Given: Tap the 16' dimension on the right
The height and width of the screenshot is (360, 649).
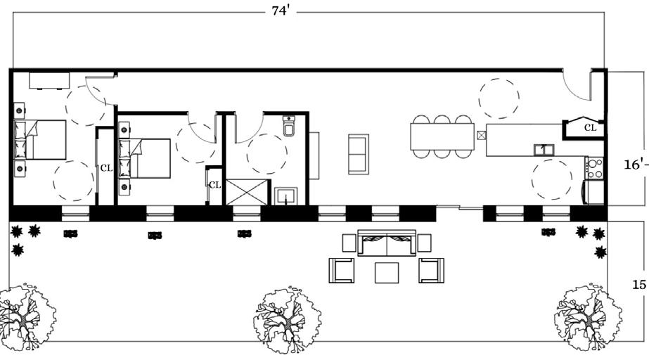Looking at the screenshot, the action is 634,165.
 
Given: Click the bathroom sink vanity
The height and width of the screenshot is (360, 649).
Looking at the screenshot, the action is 286,194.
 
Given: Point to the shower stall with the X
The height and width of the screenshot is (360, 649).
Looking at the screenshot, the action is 246,191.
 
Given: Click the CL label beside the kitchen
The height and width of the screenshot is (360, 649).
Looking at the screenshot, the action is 590,128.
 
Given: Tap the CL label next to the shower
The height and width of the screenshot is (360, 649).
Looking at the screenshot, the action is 214,185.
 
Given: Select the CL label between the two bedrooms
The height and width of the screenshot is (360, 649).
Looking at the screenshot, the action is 106,168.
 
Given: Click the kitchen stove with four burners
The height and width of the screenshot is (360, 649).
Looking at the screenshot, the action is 595,167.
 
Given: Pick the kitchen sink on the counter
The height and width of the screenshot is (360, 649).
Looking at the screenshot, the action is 543,148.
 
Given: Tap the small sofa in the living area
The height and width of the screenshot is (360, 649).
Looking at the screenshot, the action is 359,153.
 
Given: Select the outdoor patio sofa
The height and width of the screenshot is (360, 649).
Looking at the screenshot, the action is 386,244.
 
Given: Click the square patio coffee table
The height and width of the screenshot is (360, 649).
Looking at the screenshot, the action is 387,271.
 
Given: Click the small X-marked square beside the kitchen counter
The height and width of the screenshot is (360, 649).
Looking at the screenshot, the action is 481,135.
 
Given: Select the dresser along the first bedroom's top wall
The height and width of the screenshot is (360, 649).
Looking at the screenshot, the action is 49,79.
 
